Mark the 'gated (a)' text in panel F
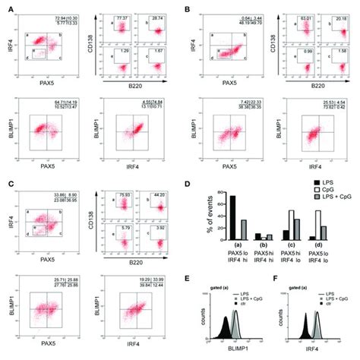pyautogui.click(x=308, y=292)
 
